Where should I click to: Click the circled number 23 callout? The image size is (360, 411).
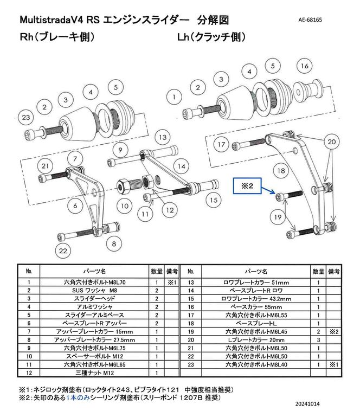pyautogui.click(x=25, y=117)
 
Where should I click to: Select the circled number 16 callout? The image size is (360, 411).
pyautogui.click(x=304, y=66)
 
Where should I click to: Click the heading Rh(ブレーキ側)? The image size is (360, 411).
pyautogui.click(x=57, y=38)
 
